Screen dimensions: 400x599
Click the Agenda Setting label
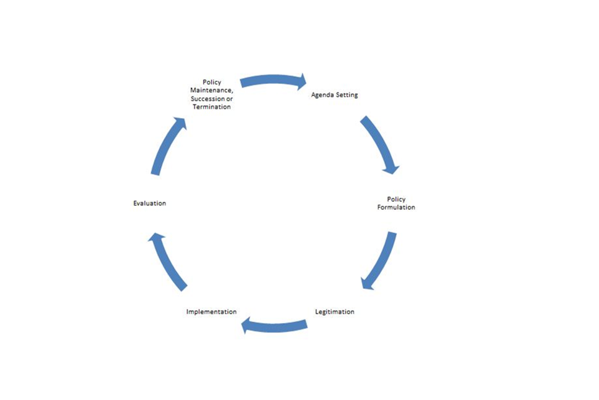[x=334, y=95]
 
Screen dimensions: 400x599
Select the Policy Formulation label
[x=396, y=203]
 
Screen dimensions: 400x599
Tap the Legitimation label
[x=334, y=311]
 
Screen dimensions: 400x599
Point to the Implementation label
[x=212, y=311]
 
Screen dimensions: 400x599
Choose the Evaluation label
[x=150, y=203]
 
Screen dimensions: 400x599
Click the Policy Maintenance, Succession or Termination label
[x=212, y=94]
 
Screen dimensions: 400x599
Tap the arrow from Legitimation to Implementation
[x=274, y=325]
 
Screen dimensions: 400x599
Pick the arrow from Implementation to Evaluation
[x=167, y=261]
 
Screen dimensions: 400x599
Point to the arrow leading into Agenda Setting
[x=273, y=81]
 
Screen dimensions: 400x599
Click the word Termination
[x=212, y=107]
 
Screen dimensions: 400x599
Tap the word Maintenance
[x=211, y=91]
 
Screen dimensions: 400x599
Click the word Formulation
[x=396, y=207]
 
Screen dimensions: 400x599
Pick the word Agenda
[x=323, y=95]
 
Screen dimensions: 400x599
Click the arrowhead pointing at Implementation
[x=247, y=324]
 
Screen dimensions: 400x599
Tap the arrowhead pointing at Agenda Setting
[x=302, y=81]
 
